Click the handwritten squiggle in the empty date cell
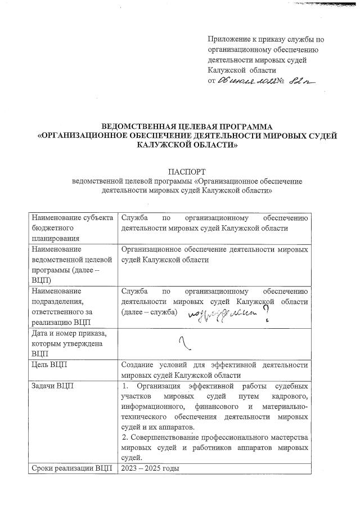click(183, 340)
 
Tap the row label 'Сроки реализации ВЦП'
click(72, 468)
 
